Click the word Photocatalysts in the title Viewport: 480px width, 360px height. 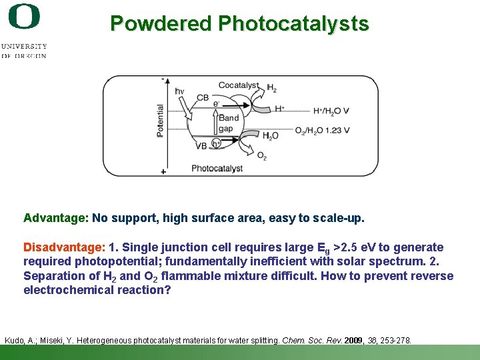(293, 24)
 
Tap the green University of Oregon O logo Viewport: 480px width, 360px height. (25, 17)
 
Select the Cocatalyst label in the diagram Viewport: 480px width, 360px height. (238, 85)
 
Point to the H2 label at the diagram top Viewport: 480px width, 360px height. (272, 88)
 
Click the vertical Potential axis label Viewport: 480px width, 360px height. (160, 121)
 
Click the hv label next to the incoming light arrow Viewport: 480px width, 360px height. (179, 91)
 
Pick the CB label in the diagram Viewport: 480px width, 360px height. (203, 98)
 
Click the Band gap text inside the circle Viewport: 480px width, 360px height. (229, 123)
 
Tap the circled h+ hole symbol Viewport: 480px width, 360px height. (216, 143)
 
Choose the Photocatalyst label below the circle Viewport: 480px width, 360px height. (217, 169)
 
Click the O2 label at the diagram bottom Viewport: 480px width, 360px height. (261, 157)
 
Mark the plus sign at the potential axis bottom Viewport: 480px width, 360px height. (163, 171)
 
